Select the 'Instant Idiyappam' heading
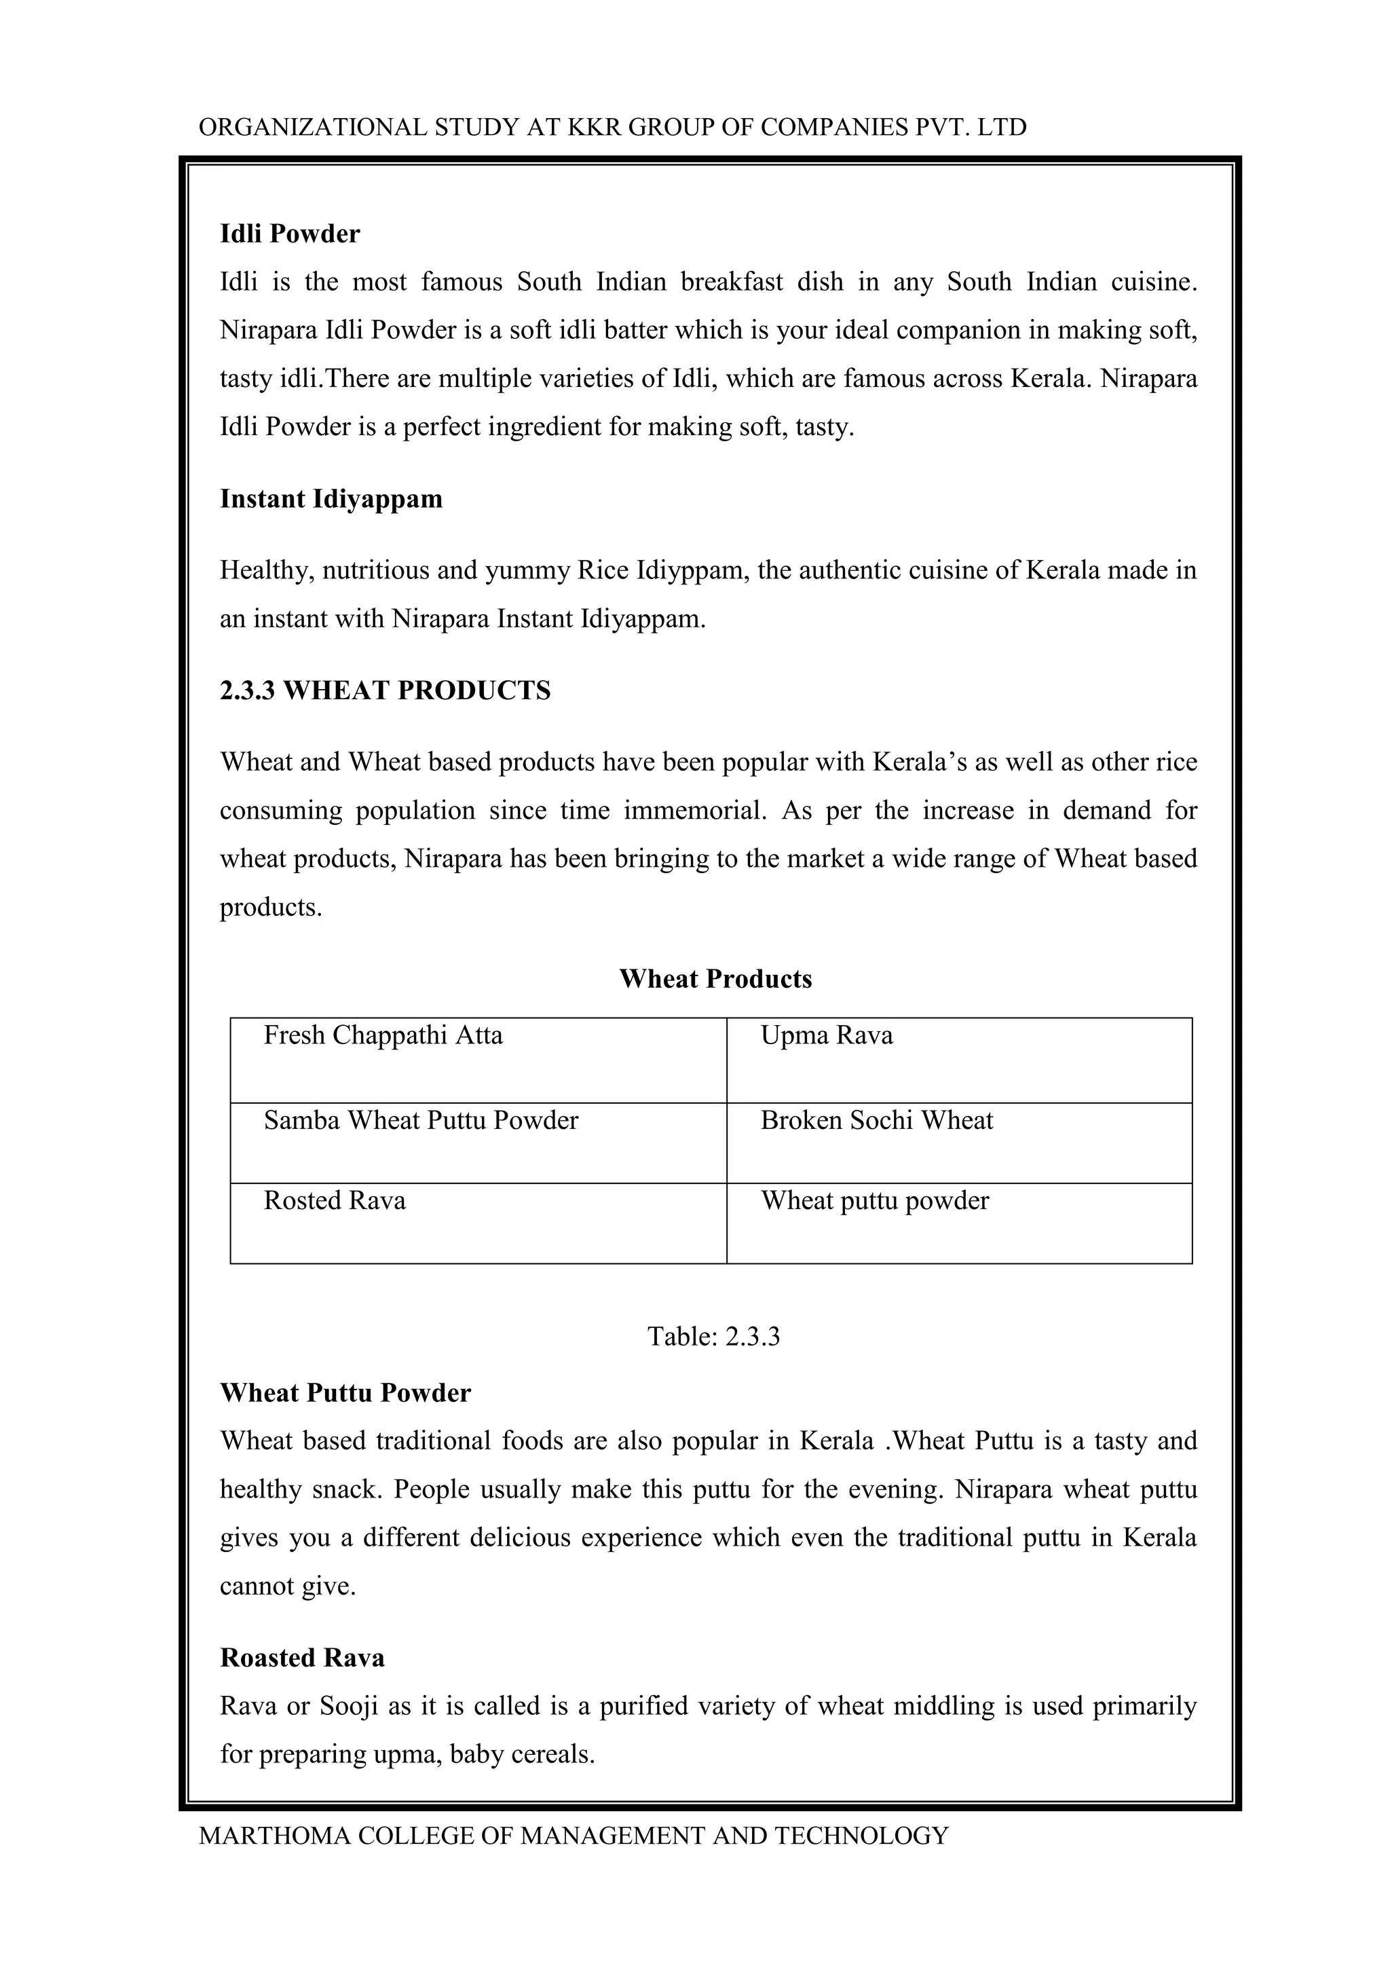(331, 498)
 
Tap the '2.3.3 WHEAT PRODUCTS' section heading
(385, 690)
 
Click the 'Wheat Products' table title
(715, 979)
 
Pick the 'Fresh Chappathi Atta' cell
(383, 1035)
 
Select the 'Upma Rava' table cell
(826, 1035)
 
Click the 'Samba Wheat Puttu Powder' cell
(420, 1120)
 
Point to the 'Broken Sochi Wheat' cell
(876, 1120)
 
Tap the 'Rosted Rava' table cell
(334, 1200)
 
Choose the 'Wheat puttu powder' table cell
(874, 1200)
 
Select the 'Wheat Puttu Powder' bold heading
(345, 1393)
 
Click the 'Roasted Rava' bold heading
(302, 1658)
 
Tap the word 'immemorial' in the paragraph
(694, 810)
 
